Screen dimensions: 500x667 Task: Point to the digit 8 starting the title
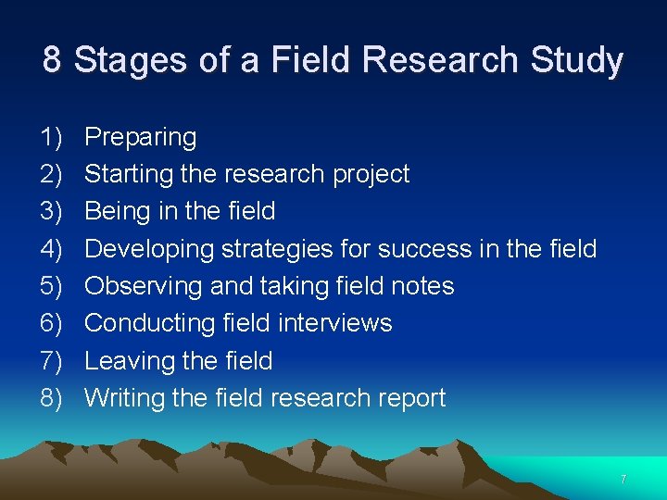coord(52,60)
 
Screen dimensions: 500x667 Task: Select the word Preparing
coord(140,138)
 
